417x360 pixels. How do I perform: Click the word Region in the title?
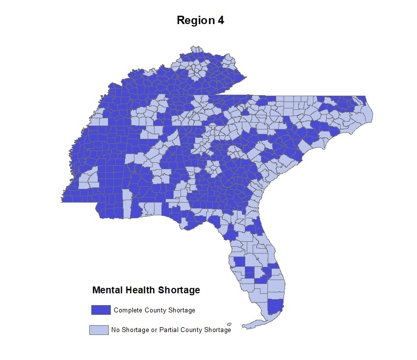tap(195, 21)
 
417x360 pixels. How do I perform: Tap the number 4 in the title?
tap(220, 21)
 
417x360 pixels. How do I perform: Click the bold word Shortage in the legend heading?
tap(179, 290)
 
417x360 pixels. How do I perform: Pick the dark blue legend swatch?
tap(101, 310)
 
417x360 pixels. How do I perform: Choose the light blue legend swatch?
tap(99, 330)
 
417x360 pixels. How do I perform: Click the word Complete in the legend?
tap(127, 310)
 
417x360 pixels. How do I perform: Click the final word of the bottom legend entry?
tap(217, 330)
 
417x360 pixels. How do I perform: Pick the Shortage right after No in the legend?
tap(132, 330)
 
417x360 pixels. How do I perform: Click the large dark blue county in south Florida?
tap(276, 307)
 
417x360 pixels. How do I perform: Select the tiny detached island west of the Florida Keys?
tap(230, 324)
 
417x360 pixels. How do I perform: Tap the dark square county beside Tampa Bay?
tap(239, 261)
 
